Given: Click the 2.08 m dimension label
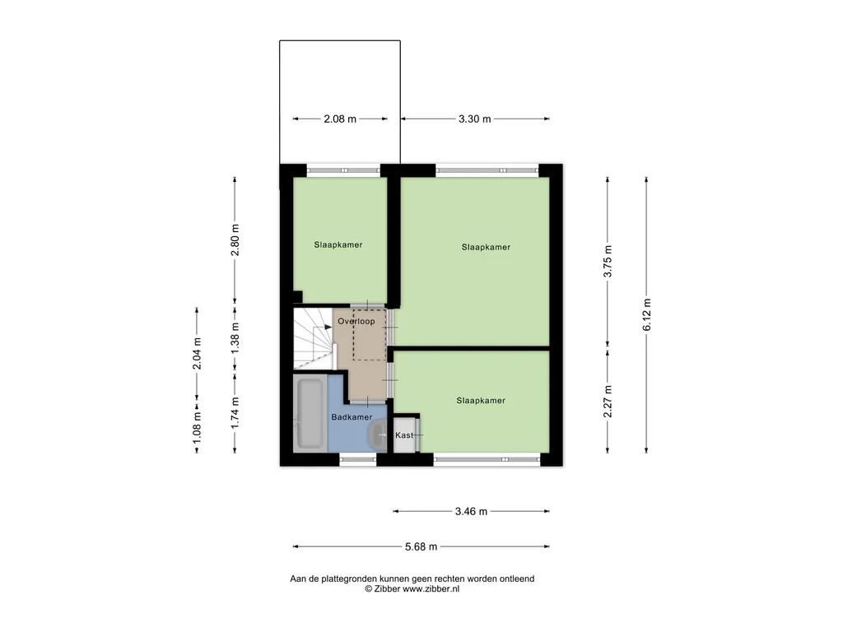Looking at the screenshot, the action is pos(340,118).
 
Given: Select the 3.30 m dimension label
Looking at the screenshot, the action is pos(475,118).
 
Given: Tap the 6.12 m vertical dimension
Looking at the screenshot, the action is pos(647,315).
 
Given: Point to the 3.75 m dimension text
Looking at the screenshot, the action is pos(608,261).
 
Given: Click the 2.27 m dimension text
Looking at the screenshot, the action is pos(608,402).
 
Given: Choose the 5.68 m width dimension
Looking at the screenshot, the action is pos(421,546).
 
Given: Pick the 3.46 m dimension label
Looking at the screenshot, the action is pos(471,511).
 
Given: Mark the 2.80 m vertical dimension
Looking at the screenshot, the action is pos(235,240).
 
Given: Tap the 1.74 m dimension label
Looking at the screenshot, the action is pos(235,413).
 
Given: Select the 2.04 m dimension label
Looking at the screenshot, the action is pos(197,354).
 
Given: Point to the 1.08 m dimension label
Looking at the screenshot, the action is pos(197,427).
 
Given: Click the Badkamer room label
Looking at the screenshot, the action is pos(352,417).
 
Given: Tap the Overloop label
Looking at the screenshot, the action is pos(356,322).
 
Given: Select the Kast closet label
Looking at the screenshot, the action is pos(404,434).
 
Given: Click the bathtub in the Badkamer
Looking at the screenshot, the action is pos(310,414).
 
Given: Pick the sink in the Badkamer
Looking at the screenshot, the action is pos(377,434).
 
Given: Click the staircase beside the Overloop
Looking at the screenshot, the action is pos(314,338).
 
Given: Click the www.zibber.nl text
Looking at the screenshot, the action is pos(431,588).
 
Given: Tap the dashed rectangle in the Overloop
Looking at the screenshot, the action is pos(370,335).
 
